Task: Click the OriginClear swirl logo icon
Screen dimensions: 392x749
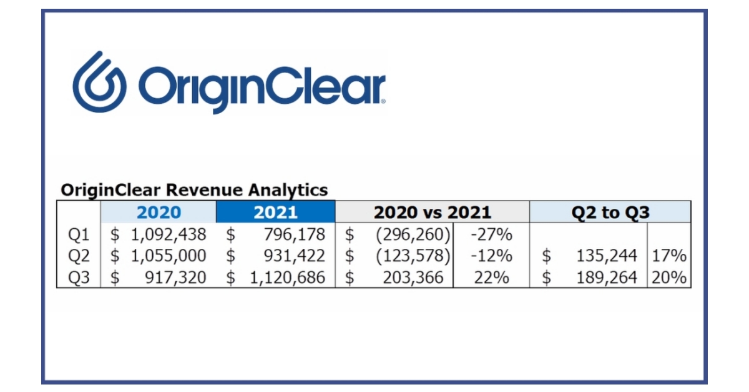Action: (99, 82)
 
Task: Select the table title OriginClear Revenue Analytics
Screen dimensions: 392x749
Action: (193, 189)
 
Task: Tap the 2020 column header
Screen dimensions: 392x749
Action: (159, 213)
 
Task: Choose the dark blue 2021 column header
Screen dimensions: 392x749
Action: (275, 213)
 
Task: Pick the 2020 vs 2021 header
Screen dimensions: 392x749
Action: (432, 213)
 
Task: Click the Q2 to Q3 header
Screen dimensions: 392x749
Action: (610, 213)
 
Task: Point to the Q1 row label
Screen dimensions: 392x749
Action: (79, 235)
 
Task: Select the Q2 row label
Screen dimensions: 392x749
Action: (79, 256)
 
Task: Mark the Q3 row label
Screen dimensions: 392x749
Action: (79, 277)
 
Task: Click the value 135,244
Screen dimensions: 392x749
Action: (607, 256)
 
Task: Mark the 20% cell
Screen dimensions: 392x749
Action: (669, 277)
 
